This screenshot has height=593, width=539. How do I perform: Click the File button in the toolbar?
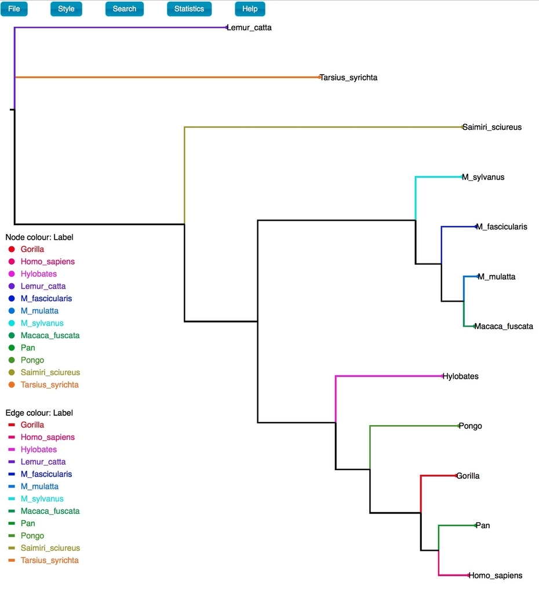pyautogui.click(x=14, y=9)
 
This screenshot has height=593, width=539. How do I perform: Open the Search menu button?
pyautogui.click(x=125, y=9)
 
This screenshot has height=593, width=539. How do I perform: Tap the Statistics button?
pyautogui.click(x=190, y=9)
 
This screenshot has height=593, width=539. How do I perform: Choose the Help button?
pyautogui.click(x=250, y=9)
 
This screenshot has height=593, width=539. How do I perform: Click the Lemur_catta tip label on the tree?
pyautogui.click(x=249, y=28)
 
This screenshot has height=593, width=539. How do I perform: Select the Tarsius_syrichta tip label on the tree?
pyautogui.click(x=348, y=78)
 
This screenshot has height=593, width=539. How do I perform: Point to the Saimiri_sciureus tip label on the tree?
pyautogui.click(x=492, y=127)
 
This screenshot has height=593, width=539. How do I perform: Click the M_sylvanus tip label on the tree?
pyautogui.click(x=483, y=177)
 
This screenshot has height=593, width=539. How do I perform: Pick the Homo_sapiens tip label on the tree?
pyautogui.click(x=496, y=575)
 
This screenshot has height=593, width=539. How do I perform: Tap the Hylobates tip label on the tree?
pyautogui.click(x=461, y=376)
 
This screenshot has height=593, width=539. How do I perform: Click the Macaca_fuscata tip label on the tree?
pyautogui.click(x=504, y=327)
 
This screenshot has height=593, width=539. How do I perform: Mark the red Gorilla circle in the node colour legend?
pyautogui.click(x=12, y=249)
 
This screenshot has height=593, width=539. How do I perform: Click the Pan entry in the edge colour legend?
pyautogui.click(x=28, y=524)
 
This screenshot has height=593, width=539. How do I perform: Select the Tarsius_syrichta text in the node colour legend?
pyautogui.click(x=50, y=385)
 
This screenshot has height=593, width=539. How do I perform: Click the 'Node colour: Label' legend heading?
pyautogui.click(x=39, y=237)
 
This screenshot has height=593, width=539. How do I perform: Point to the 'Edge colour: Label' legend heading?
pyautogui.click(x=39, y=412)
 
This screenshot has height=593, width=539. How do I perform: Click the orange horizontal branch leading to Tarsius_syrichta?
pyautogui.click(x=167, y=77)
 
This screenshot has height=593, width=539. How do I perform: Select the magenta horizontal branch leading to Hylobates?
pyautogui.click(x=389, y=376)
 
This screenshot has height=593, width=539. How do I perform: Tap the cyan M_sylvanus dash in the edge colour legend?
pyautogui.click(x=12, y=499)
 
